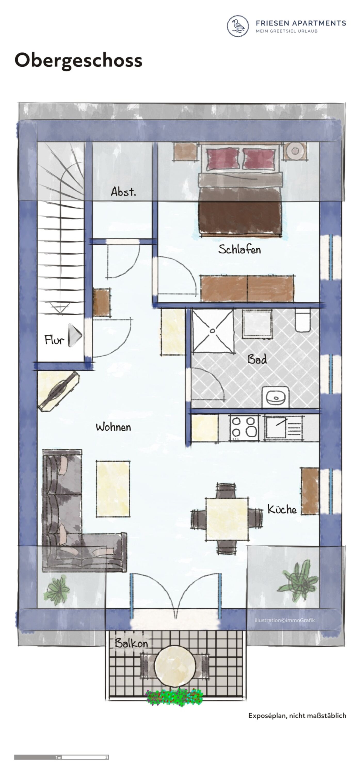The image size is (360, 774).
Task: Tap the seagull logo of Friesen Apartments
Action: pyautogui.click(x=238, y=26)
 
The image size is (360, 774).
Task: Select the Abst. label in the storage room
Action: pyautogui.click(x=123, y=191)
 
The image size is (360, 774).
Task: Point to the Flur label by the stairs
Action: pyautogui.click(x=54, y=340)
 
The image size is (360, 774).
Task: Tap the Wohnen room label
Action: pyautogui.click(x=113, y=427)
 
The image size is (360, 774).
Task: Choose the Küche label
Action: pyautogui.click(x=282, y=509)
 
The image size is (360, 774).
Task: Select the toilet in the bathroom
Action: pyautogui.click(x=303, y=320)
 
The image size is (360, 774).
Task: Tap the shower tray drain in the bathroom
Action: pyautogui.click(x=212, y=331)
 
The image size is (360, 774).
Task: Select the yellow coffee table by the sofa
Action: pyautogui.click(x=113, y=489)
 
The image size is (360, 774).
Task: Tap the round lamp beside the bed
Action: pyautogui.click(x=295, y=150)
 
